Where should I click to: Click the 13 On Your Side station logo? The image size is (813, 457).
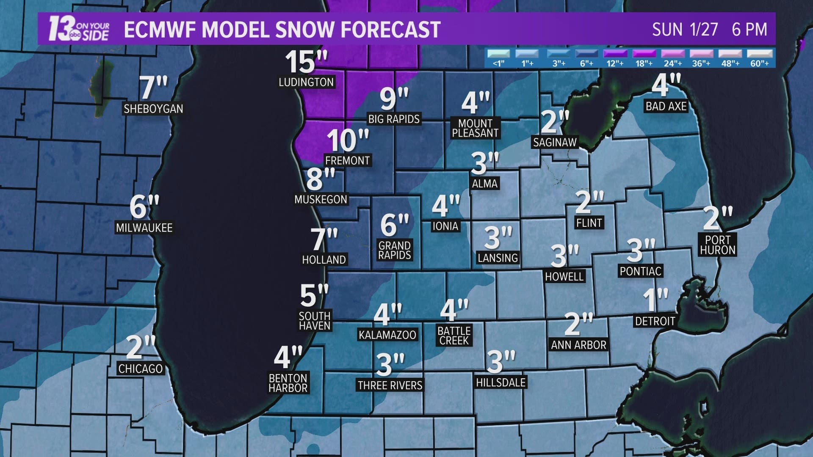(x=79, y=29)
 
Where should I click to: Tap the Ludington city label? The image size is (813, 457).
(x=306, y=82)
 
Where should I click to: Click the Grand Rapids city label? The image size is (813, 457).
(x=395, y=250)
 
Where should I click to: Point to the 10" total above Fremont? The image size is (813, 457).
(x=347, y=140)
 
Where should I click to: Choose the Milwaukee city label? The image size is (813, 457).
(x=144, y=228)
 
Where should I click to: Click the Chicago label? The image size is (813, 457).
(x=140, y=369)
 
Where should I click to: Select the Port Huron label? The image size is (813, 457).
(x=717, y=245)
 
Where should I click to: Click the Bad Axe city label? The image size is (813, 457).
(x=666, y=106)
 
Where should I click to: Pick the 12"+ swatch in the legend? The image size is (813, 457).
(x=614, y=54)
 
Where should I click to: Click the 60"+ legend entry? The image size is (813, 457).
(x=759, y=54)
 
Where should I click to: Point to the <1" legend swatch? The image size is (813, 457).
(x=498, y=54)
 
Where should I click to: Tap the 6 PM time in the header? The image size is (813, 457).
(x=749, y=30)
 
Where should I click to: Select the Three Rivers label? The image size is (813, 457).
(x=390, y=385)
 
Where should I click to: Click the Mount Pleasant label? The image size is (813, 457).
(x=475, y=128)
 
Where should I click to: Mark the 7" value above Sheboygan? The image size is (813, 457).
(x=153, y=88)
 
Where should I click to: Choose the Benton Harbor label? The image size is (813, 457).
(x=288, y=383)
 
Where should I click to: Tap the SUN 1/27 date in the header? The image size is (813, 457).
(x=685, y=30)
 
